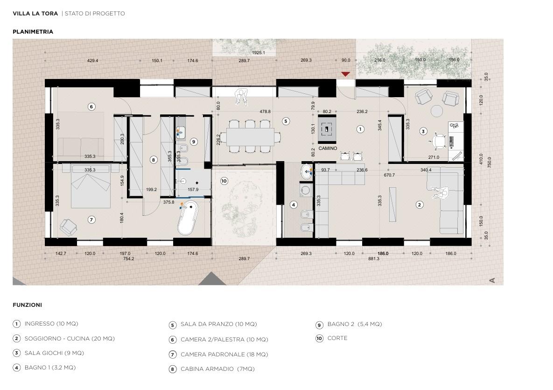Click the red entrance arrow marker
346,74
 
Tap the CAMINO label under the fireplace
328,149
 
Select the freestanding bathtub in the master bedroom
188,218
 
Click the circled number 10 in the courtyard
224,181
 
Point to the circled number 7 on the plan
91,220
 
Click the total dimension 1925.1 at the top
259,53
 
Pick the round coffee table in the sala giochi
437,111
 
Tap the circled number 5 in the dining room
286,121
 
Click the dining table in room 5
250,136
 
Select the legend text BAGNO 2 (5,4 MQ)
355,324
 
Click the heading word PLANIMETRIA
33,32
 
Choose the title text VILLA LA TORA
35,14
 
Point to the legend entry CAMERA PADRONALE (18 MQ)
224,355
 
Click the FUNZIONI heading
27,305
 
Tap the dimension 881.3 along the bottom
374,259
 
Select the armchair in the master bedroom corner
69,227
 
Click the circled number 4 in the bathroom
294,205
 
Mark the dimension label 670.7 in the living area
389,175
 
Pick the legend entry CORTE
337,338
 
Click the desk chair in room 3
438,142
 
